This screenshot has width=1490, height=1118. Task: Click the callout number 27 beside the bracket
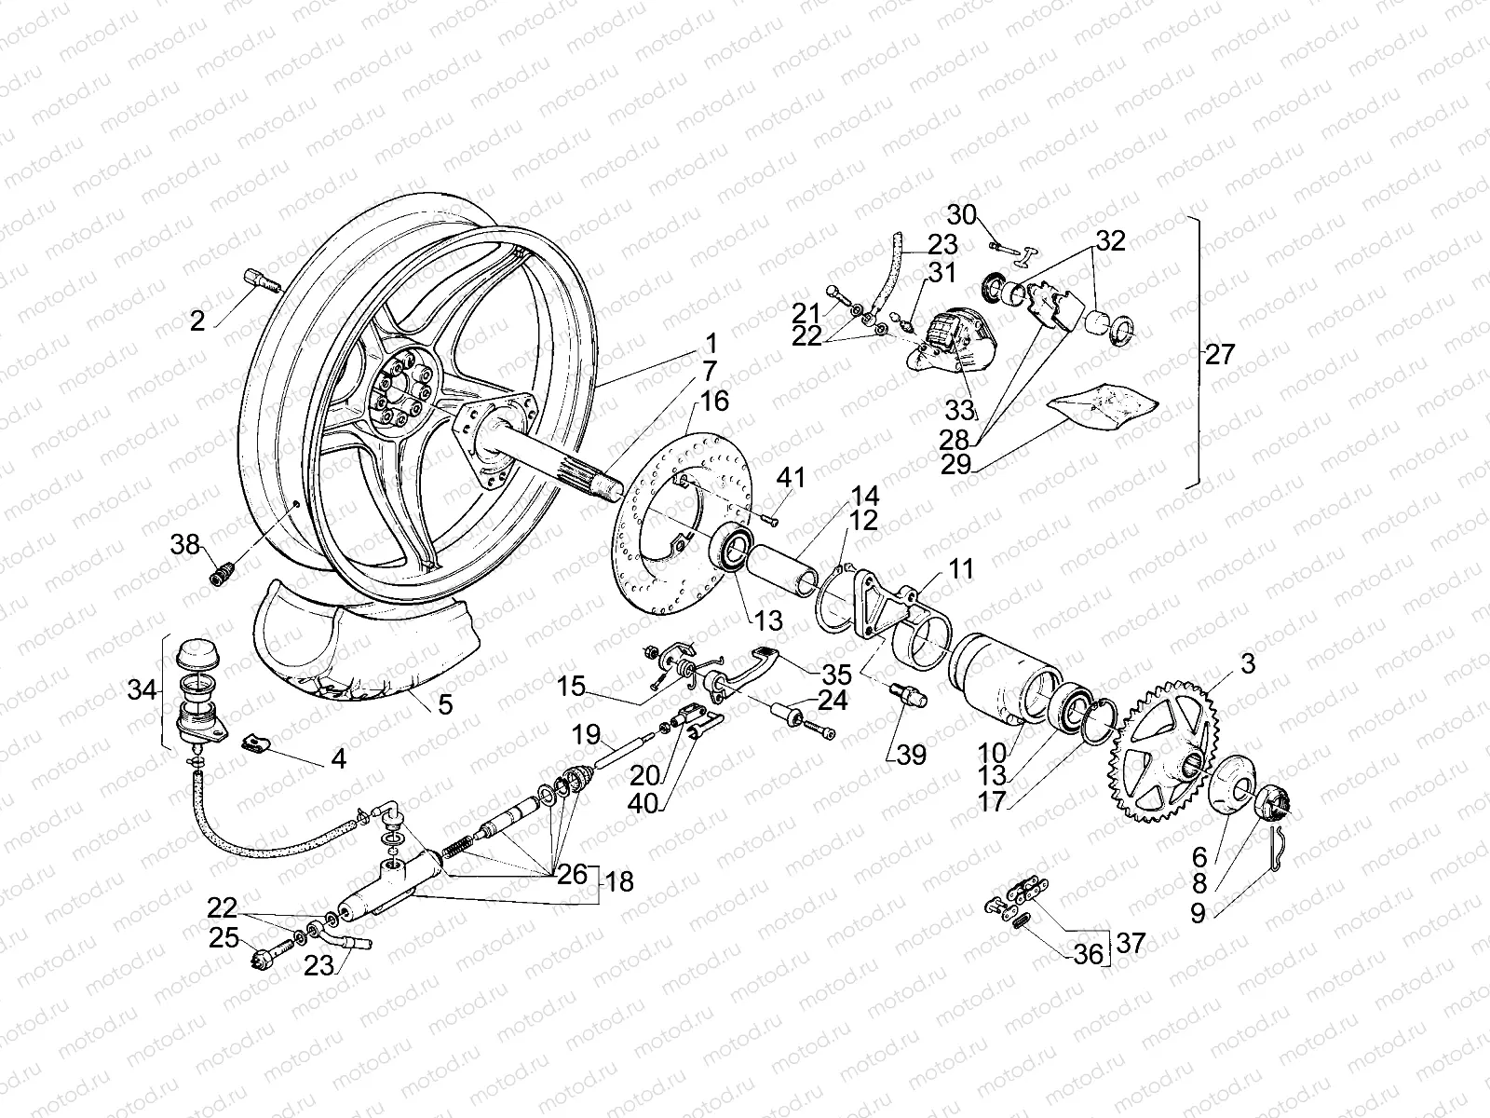pyautogui.click(x=1219, y=354)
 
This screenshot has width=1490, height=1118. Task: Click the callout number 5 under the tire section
pyautogui.click(x=445, y=705)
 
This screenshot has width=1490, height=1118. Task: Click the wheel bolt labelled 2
pyautogui.click(x=264, y=279)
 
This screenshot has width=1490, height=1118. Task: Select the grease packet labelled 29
pyautogui.click(x=1104, y=405)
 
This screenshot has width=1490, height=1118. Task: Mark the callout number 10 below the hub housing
pyautogui.click(x=994, y=750)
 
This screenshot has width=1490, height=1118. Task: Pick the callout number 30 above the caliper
pyautogui.click(x=962, y=215)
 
